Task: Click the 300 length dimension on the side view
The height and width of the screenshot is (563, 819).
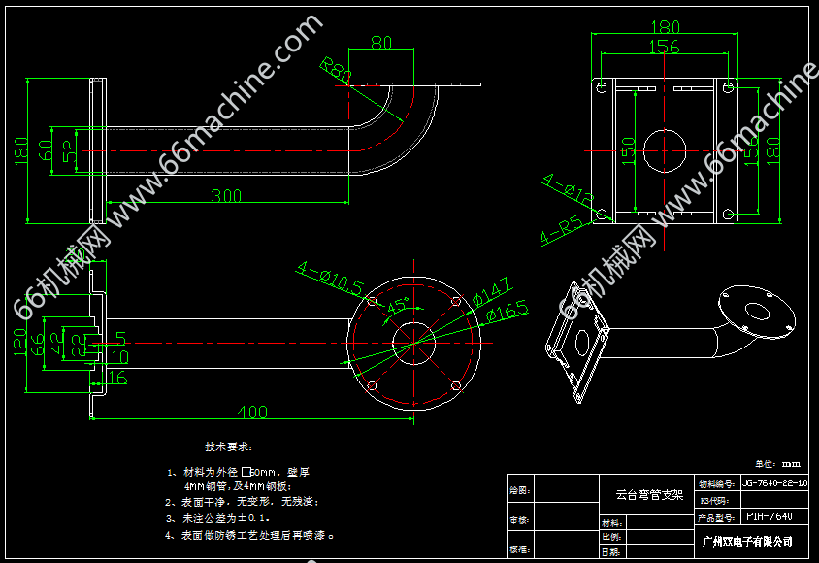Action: [x=226, y=196]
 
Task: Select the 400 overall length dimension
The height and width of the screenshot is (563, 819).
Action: [x=251, y=413]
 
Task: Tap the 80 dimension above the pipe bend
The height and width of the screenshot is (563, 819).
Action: [x=381, y=43]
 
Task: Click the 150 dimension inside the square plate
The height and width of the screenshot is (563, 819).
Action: [x=628, y=149]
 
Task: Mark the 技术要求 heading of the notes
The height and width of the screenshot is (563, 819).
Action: [x=228, y=447]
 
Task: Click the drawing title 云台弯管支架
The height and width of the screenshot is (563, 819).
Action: [x=649, y=494]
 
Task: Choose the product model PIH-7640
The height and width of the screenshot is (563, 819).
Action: [x=769, y=517]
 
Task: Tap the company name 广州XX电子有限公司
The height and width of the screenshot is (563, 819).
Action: [x=747, y=541]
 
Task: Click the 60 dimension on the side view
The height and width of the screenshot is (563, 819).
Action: [x=46, y=150]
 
